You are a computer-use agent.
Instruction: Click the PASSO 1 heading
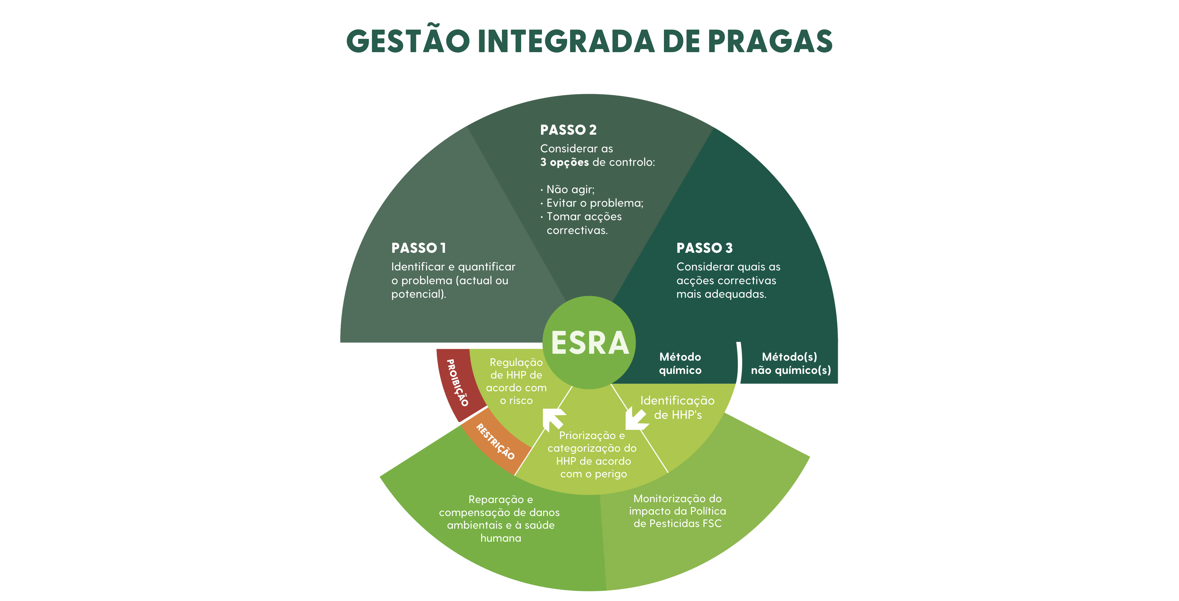tap(418, 248)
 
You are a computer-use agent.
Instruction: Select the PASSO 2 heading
tap(568, 130)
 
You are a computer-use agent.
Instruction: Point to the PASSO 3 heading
tap(704, 248)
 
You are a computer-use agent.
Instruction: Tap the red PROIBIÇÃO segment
tap(458, 383)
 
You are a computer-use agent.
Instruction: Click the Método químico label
tap(680, 364)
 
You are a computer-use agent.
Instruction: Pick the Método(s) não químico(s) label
tap(790, 364)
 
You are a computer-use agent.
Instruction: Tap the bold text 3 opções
tap(564, 162)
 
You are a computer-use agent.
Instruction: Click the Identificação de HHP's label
tap(677, 408)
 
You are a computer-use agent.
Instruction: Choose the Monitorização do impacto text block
tap(677, 511)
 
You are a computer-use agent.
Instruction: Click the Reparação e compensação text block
tap(500, 519)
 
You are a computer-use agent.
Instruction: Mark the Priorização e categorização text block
tap(593, 455)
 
